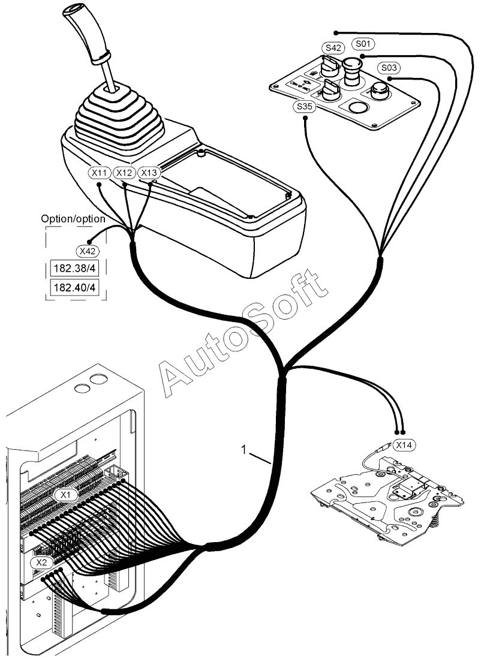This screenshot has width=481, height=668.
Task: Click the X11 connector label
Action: coord(100,173)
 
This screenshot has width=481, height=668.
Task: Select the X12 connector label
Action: coord(124,173)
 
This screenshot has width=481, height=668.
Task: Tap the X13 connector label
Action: coord(149,173)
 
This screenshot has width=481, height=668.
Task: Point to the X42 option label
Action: coord(88,251)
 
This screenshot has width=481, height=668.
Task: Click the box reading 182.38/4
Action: coord(74,269)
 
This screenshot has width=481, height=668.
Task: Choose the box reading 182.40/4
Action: coord(74,287)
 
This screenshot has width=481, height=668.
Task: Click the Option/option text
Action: coord(73,218)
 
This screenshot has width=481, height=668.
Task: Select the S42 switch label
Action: coord(333,48)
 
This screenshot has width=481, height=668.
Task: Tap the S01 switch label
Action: coord(363,43)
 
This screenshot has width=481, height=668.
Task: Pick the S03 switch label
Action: coord(389,68)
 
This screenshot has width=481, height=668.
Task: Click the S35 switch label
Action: coord(304,107)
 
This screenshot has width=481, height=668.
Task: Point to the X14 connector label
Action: coord(404,445)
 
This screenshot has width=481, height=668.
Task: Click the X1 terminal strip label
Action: coord(66,495)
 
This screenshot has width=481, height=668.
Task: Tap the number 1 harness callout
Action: coord(243,450)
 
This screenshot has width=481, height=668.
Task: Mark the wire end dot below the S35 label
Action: coord(305,119)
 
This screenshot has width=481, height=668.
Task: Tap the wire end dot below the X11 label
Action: coord(100,185)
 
